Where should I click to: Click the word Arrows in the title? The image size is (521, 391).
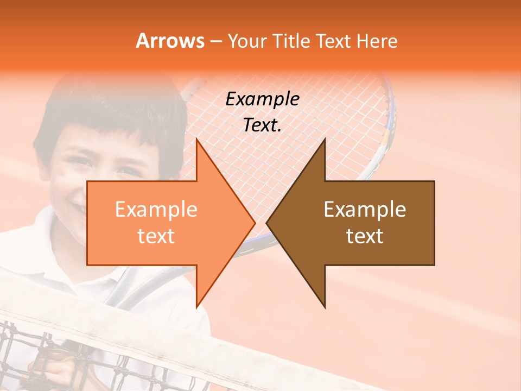pos(170,41)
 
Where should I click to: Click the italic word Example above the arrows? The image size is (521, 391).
pos(262,99)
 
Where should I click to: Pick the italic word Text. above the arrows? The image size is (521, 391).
pos(262,125)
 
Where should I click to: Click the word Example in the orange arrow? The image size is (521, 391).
pos(156,210)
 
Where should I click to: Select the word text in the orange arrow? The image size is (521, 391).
pos(156,236)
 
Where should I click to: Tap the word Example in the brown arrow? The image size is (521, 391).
pos(365,210)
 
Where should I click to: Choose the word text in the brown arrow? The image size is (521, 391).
pos(365,236)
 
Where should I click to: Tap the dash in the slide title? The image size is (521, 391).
pos(215,41)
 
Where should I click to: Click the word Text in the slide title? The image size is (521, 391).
pos(334,41)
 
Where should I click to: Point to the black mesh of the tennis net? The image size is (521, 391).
pos(33,353)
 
